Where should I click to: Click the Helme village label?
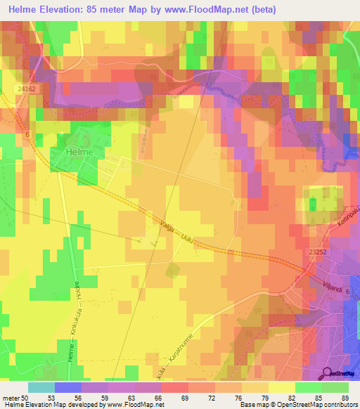tap(80, 150)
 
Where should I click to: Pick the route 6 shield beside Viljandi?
tap(347, 280)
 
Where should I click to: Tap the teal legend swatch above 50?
tap(41, 387)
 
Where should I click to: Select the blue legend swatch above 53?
tap(68, 387)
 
